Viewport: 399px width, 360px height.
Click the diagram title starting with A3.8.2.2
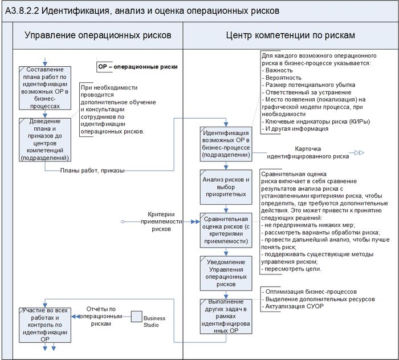pos(142,10)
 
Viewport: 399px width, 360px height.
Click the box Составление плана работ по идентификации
pos(45,87)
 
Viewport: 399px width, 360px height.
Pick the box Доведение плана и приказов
pos(45,140)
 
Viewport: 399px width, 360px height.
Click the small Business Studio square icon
pos(136,316)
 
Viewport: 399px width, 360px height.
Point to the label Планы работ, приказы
pos(92,170)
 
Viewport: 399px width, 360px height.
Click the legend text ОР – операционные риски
pos(137,67)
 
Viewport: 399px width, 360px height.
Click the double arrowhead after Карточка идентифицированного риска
pos(359,152)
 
